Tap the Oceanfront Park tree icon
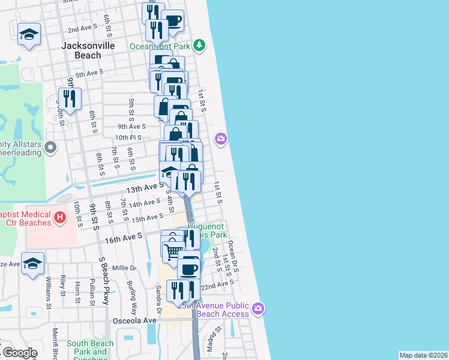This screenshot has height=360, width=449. (x=200, y=46)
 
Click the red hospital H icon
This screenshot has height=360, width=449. (x=60, y=217)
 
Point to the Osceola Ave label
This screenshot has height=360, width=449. (x=134, y=320)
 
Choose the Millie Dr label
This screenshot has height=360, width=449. (x=124, y=268)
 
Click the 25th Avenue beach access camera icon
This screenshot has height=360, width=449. (x=258, y=309)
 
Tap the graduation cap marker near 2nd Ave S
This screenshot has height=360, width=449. (x=29, y=34)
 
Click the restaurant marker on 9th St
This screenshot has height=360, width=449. (x=70, y=98)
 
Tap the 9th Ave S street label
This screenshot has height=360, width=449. (x=131, y=127)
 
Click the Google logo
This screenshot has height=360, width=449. (x=19, y=353)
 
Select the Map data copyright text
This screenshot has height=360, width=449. (x=423, y=355)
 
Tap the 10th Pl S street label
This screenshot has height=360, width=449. (x=128, y=137)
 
